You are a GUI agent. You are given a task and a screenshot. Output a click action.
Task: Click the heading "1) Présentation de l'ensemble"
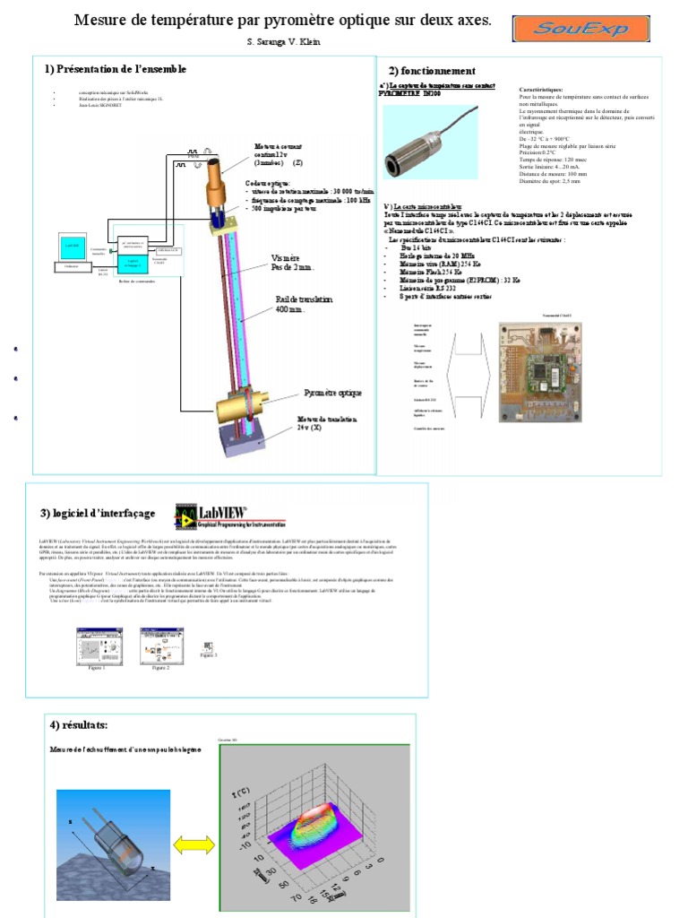coord(116,69)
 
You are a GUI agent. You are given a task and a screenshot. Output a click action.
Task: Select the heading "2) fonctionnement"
coord(432,71)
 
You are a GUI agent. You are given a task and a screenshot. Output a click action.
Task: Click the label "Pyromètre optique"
coord(334,393)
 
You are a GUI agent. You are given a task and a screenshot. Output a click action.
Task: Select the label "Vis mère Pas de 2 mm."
coord(292,263)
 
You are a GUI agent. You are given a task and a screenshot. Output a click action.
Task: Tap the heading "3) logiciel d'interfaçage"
coord(98,514)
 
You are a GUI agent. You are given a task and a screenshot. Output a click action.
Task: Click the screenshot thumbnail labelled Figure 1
coord(91,644)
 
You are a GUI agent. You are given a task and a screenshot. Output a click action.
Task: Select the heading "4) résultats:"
coord(78,724)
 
